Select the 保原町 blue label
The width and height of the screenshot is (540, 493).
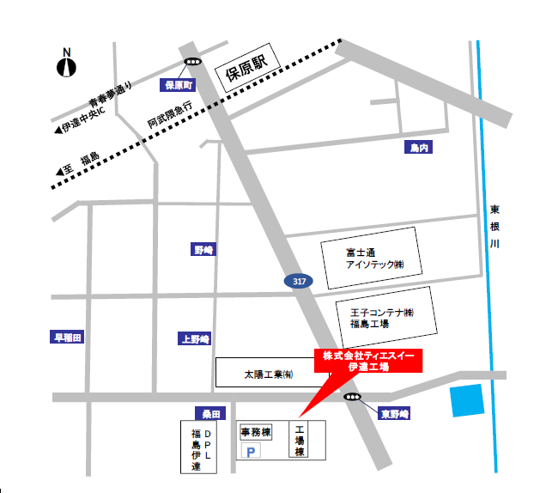pyautogui.click(x=180, y=85)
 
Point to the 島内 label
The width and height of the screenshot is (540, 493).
pyautogui.click(x=418, y=149)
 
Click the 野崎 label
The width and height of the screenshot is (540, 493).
pyautogui.click(x=203, y=249)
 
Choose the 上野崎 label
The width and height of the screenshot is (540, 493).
pyautogui.click(x=195, y=338)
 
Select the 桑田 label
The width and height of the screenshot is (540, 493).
pyautogui.click(x=210, y=413)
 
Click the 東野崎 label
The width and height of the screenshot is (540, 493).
pyautogui.click(x=395, y=414)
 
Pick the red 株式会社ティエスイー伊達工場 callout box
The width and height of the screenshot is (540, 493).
pyautogui.click(x=368, y=361)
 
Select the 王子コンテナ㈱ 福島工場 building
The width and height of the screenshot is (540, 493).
pyautogui.click(x=382, y=317)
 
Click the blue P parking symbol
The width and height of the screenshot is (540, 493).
pyautogui.click(x=252, y=452)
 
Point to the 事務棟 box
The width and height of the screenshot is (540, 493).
pyautogui.click(x=255, y=432)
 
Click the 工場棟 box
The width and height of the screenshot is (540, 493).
pyautogui.click(x=300, y=440)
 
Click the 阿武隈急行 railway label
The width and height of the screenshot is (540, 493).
pyautogui.click(x=169, y=111)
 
